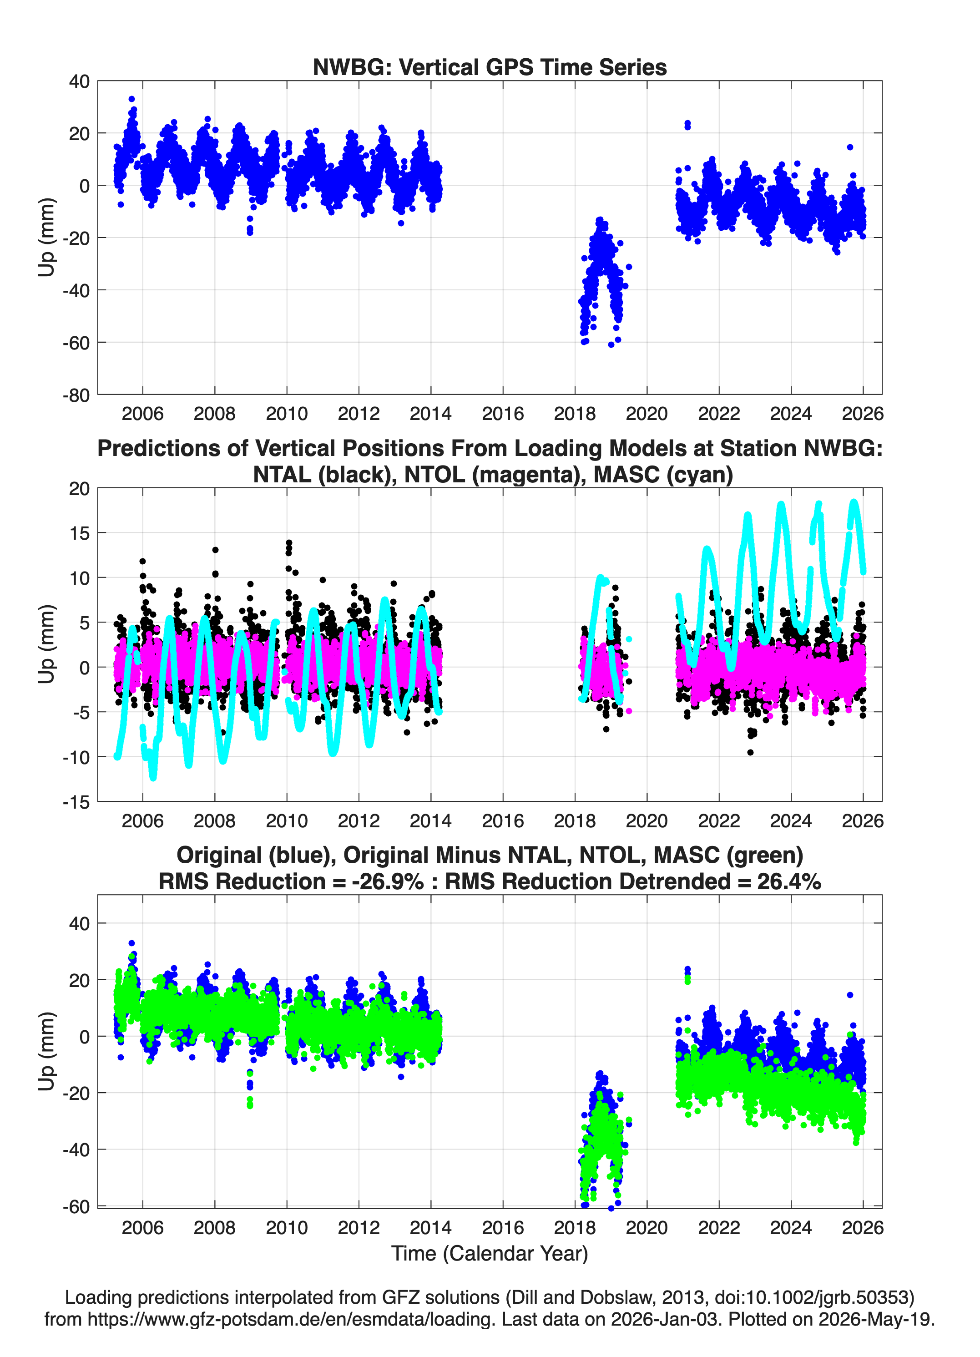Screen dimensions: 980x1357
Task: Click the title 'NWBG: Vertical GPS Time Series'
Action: [x=490, y=67]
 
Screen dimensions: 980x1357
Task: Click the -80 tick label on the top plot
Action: [x=76, y=395]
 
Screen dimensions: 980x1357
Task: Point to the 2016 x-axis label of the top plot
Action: [x=503, y=414]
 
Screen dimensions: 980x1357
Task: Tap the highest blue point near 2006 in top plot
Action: [x=131, y=99]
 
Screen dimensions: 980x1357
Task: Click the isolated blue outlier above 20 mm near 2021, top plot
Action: [x=687, y=124]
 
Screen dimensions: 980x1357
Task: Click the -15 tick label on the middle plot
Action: [x=76, y=802]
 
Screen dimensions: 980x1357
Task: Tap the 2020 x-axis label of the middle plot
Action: [x=647, y=820]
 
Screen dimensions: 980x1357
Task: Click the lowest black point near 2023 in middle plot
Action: [x=750, y=752]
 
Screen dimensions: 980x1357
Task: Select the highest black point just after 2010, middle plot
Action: [x=289, y=543]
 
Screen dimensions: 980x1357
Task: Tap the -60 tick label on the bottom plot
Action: [x=76, y=1206]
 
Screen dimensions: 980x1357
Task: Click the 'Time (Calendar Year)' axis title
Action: [x=490, y=1254]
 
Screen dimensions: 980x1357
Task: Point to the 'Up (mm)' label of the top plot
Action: [x=46, y=238]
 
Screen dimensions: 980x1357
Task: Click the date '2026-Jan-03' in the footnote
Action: [x=665, y=1319]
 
